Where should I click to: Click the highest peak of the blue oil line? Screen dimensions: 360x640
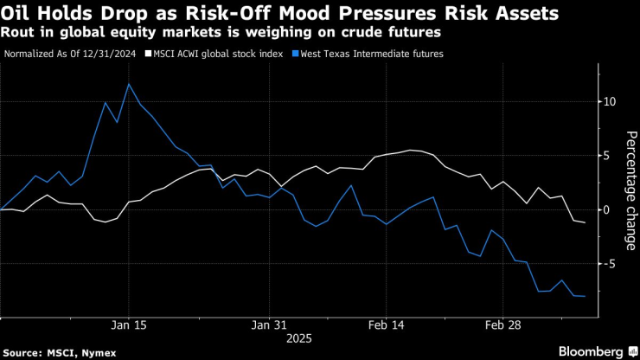(x=129, y=84)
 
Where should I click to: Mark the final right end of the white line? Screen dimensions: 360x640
(x=585, y=222)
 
